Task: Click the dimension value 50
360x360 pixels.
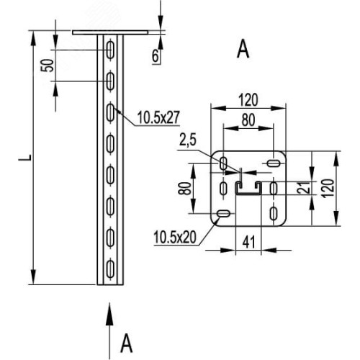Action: tap(48, 66)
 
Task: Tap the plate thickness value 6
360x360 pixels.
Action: tap(156, 56)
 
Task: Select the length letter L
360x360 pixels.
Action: tap(25, 158)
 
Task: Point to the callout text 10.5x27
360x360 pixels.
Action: tap(158, 117)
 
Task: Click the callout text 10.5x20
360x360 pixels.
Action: tap(175, 237)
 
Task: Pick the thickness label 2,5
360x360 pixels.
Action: tap(188, 140)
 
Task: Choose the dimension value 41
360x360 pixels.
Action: tap(248, 243)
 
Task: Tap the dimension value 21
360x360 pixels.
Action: tap(302, 188)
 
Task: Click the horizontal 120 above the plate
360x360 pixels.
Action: tap(248, 100)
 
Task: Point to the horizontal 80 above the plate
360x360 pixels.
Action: tap(248, 120)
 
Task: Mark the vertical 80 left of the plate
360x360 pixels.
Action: tap(184, 188)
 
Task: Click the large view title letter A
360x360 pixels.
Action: tap(243, 49)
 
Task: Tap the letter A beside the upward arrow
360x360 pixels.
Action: tap(126, 343)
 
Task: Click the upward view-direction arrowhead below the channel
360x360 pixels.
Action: tap(109, 314)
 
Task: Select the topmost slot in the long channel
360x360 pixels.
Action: tap(110, 50)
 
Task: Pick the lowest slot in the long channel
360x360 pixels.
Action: tap(110, 269)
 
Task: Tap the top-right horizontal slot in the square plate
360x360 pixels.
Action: tap(274, 163)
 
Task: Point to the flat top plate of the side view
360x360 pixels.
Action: tap(110, 32)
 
